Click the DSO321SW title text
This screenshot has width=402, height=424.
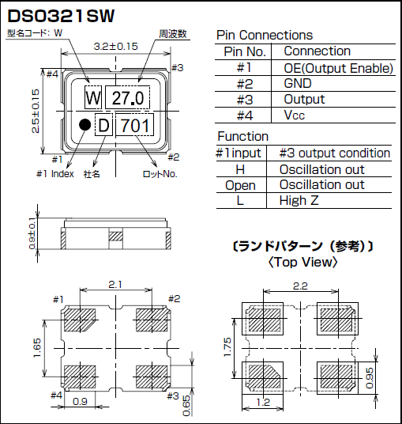[x=62, y=14]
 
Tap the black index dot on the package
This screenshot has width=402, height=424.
[x=83, y=124]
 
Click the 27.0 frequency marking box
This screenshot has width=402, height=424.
[x=126, y=98]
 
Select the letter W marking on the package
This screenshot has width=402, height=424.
[x=93, y=98]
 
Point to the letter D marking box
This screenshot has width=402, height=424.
[x=104, y=125]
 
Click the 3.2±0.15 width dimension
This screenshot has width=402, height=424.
[x=115, y=47]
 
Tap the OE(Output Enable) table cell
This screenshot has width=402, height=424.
[x=337, y=68]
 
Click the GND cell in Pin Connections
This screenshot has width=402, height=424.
[x=297, y=84]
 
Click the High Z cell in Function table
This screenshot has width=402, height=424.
[x=299, y=201]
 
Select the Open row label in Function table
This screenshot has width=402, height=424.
[x=240, y=185]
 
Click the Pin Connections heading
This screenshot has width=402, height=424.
[x=264, y=35]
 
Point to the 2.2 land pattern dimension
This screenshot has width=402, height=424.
[x=301, y=286]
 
